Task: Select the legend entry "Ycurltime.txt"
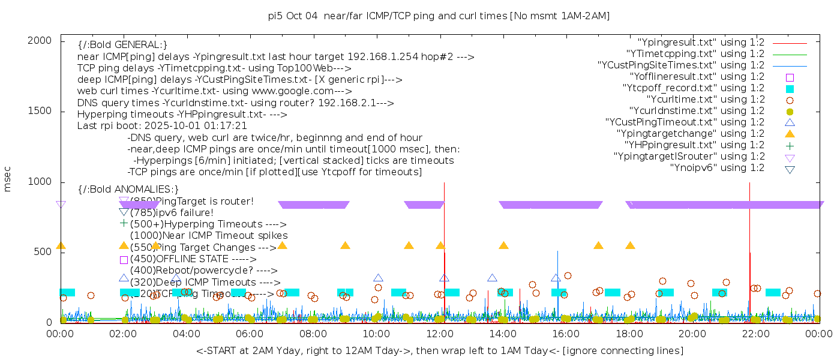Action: click(x=705, y=99)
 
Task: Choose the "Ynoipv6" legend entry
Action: click(x=717, y=167)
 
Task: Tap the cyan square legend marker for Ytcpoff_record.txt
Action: click(x=790, y=88)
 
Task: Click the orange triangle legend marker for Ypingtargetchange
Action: click(x=790, y=133)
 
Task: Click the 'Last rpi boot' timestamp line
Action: click(x=162, y=126)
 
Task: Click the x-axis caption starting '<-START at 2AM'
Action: click(x=439, y=350)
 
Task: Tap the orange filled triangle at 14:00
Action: click(x=503, y=245)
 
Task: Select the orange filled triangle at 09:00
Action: click(x=345, y=245)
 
